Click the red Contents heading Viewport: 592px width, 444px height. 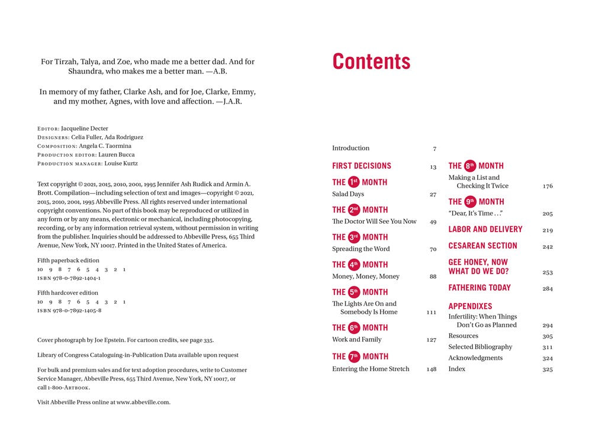coord(371,62)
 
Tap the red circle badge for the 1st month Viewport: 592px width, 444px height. coord(354,182)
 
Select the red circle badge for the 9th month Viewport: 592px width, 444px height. coord(470,201)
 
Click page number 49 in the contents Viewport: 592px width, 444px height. coord(433,222)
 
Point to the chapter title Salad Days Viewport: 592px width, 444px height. coord(348,194)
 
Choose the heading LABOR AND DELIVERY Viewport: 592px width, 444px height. coord(485,229)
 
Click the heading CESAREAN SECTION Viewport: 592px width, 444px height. coord(482,246)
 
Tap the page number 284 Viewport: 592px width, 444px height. coord(548,289)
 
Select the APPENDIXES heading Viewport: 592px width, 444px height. coord(470,306)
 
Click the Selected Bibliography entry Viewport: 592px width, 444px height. coord(480,347)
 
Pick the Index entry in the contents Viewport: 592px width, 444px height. coord(457,369)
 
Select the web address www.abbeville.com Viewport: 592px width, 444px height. coord(143,402)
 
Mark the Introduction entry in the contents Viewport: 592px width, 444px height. coord(350,149)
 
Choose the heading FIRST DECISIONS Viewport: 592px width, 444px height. coord(362,166)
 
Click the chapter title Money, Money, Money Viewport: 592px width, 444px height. coord(366,276)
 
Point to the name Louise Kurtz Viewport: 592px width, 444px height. coord(121,163)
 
